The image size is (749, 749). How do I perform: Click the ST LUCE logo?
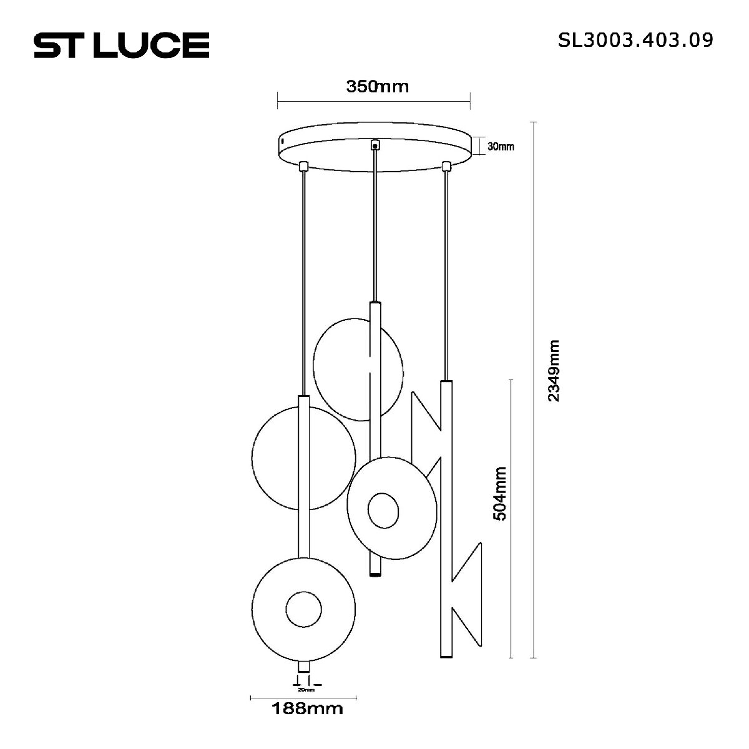[x=121, y=46]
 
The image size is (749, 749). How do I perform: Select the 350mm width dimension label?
[x=377, y=86]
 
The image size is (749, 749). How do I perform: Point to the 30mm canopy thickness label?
[x=501, y=147]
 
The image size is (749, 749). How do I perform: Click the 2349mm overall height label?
[x=553, y=371]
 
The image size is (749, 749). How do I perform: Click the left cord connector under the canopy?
[x=304, y=166]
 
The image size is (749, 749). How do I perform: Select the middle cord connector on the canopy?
[x=374, y=144]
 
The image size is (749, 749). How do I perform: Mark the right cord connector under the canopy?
[x=446, y=166]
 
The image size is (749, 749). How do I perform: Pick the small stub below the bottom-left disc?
[x=303, y=667]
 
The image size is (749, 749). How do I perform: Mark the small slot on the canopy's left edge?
[x=282, y=142]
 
